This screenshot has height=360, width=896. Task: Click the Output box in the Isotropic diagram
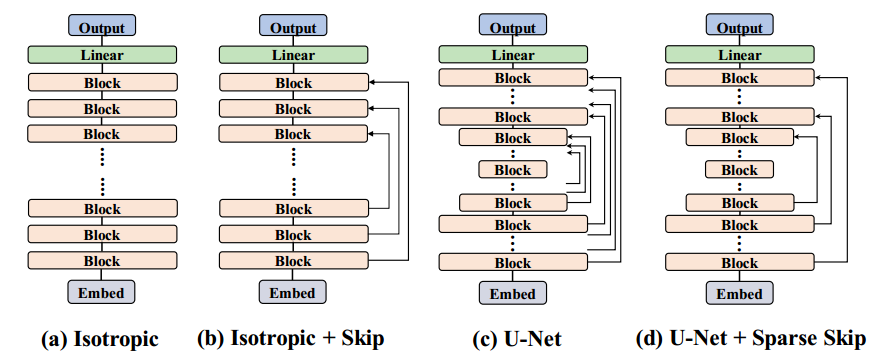point(101,26)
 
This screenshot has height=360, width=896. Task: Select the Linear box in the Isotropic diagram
point(101,55)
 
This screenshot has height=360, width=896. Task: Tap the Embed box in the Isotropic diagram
point(101,292)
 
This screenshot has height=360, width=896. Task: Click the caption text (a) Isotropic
point(100,339)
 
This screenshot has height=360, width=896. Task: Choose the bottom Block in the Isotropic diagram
point(101,260)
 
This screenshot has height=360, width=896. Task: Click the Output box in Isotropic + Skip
point(292,26)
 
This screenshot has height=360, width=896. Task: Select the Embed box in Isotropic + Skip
point(292,292)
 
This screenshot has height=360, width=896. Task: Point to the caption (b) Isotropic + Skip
point(292,339)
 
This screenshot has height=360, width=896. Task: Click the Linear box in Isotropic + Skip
point(292,55)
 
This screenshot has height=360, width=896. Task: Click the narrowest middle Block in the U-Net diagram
point(512,170)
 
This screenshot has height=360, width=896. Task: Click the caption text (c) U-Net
point(512,339)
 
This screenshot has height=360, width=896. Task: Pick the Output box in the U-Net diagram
point(512,26)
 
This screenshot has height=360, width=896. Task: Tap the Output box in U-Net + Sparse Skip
point(740,26)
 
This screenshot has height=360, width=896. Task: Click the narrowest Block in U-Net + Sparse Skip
point(740,170)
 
